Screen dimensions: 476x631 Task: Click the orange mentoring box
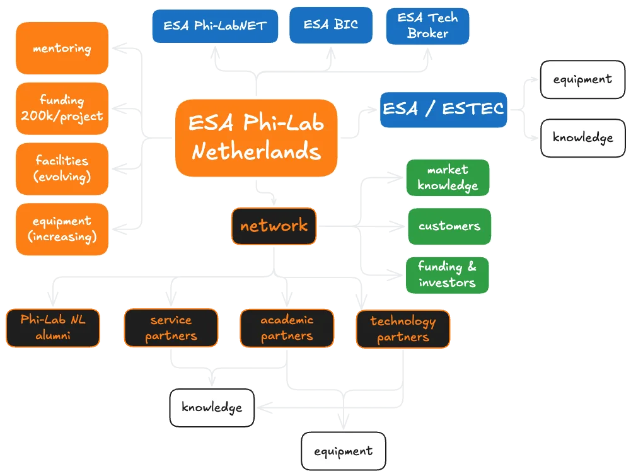pyautogui.click(x=62, y=49)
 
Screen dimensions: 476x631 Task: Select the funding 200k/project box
pyautogui.click(x=62, y=108)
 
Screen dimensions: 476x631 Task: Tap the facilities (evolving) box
pyautogui.click(x=62, y=168)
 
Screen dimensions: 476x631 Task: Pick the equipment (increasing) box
pyautogui.click(x=62, y=229)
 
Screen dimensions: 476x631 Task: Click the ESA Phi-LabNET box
pyautogui.click(x=215, y=26)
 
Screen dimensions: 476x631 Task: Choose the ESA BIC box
pyautogui.click(x=330, y=25)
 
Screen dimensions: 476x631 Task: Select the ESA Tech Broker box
pyautogui.click(x=427, y=26)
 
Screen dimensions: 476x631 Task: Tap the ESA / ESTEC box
pyautogui.click(x=444, y=109)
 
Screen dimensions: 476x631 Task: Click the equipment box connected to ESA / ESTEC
pyautogui.click(x=582, y=80)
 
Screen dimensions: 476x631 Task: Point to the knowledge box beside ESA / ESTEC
pyautogui.click(x=582, y=138)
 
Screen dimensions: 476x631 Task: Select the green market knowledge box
pyautogui.click(x=448, y=178)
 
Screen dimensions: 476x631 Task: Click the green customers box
pyautogui.click(x=449, y=226)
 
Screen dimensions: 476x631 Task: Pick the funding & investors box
pyautogui.click(x=447, y=275)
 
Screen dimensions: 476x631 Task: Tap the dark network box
pyautogui.click(x=274, y=226)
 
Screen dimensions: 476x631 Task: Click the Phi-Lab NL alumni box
pyautogui.click(x=52, y=327)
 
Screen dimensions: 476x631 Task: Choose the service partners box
pyautogui.click(x=171, y=328)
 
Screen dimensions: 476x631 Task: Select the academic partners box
pyautogui.click(x=287, y=328)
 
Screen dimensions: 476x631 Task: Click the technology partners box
pyautogui.click(x=403, y=329)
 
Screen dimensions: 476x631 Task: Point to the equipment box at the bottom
pyautogui.click(x=343, y=451)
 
